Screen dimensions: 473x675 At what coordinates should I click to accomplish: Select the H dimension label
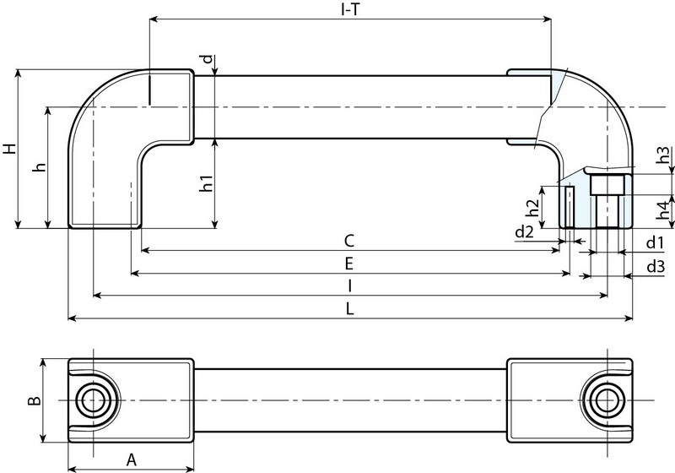[9, 149]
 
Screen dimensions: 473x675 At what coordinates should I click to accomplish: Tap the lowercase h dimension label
[38, 167]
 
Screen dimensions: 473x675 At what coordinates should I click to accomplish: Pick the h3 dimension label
[664, 156]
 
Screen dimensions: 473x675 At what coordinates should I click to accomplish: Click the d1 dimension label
[655, 243]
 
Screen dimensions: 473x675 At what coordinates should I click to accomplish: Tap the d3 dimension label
[655, 267]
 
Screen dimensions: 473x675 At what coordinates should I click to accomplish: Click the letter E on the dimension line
[348, 264]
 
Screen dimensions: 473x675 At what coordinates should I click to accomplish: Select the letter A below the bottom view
[131, 459]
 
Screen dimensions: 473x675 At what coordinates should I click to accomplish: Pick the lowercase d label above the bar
[207, 60]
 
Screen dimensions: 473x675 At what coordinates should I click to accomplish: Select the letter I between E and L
[348, 286]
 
